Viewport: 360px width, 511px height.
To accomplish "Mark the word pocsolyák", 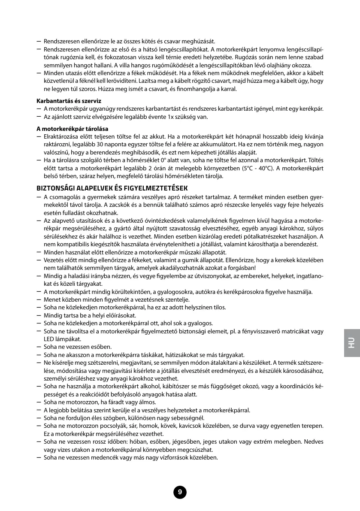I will pos(115,426).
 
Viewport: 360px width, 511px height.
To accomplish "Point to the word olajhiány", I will pos(258,65).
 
